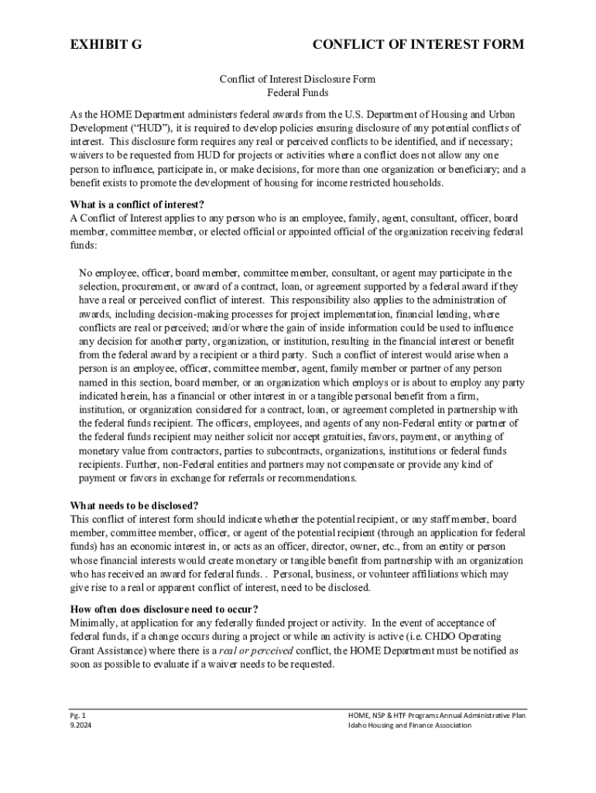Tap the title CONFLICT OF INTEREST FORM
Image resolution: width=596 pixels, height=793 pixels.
418,44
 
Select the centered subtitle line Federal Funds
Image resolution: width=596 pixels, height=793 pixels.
297,93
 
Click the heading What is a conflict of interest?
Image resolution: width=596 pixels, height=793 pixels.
137,204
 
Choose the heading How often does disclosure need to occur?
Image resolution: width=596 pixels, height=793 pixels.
164,609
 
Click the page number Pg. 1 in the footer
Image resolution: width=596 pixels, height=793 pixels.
78,716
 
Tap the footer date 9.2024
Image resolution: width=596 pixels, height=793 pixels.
80,726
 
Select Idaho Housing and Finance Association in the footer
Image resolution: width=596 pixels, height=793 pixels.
409,726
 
